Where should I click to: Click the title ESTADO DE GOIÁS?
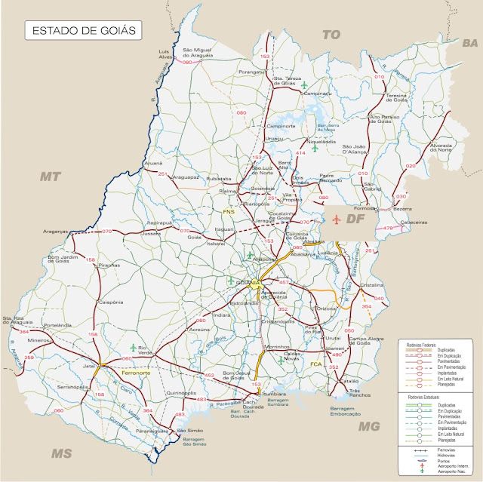click(80, 32)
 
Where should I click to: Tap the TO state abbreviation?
click(332, 35)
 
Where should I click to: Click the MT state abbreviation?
click(50, 176)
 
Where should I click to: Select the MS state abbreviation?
click(60, 453)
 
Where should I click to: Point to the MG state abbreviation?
click(369, 426)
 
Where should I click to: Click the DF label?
click(356, 220)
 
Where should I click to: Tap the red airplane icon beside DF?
click(337, 220)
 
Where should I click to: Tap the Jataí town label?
click(91, 364)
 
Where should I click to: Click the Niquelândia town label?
click(321, 141)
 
